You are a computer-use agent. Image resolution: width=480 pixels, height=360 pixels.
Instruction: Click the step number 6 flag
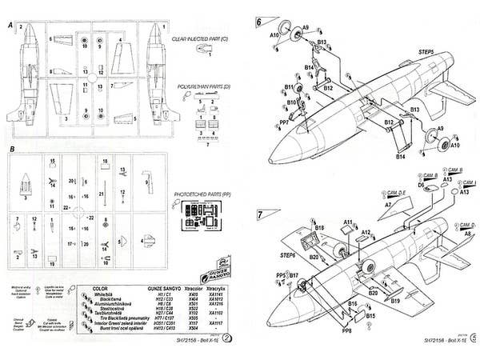point(259,23)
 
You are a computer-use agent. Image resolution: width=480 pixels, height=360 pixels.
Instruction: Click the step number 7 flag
point(259,214)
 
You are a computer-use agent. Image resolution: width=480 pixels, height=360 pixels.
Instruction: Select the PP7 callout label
point(284,122)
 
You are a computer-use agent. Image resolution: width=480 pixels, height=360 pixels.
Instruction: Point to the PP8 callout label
point(346,331)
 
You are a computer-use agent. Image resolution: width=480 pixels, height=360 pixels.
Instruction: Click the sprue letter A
point(10,25)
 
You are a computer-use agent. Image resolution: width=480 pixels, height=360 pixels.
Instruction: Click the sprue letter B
point(10,150)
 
